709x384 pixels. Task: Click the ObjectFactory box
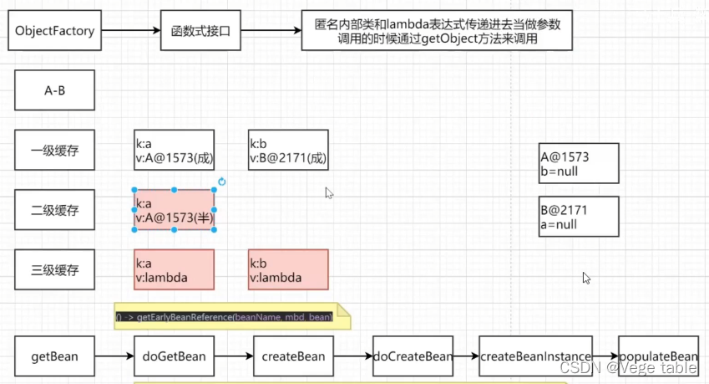55,32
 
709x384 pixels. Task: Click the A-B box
55,90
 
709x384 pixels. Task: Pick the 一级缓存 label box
55,151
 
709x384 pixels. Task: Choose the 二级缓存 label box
55,210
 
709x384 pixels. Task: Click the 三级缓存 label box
55,269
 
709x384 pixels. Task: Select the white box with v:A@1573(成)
174,151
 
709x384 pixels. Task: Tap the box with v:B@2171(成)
288,151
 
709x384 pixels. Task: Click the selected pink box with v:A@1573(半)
174,210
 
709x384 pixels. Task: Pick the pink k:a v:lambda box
174,269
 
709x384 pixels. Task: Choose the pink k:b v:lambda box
288,269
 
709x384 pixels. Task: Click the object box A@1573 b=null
579,163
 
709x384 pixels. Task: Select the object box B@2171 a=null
579,217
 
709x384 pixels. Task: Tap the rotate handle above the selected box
222,182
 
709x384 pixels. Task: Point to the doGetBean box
174,356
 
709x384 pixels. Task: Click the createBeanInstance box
535,356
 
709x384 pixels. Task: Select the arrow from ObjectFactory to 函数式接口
127,32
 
